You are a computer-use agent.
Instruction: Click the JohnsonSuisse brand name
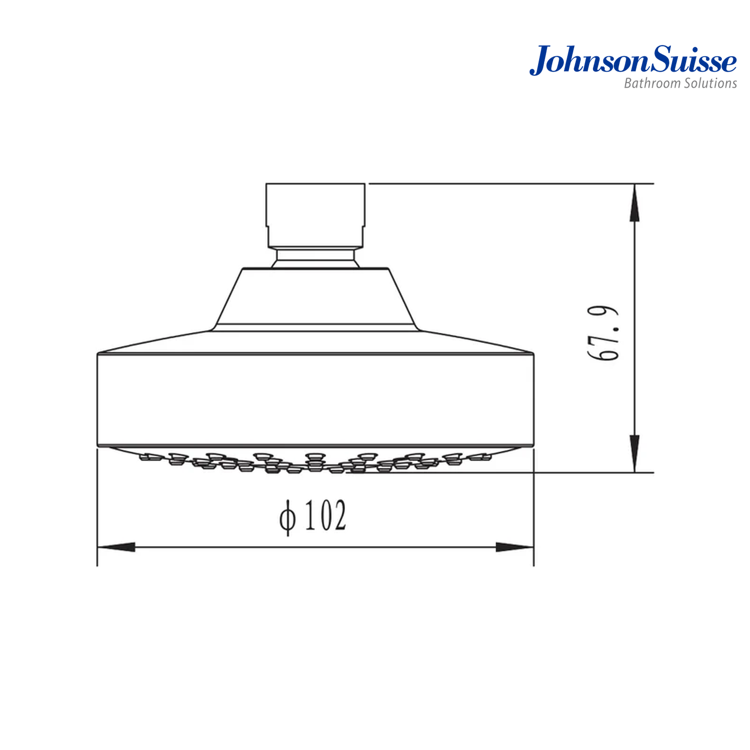pos(633,60)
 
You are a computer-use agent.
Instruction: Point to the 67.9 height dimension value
pos(603,333)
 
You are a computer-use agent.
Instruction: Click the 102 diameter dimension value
pos(326,515)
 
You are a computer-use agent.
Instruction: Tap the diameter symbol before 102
pos(288,517)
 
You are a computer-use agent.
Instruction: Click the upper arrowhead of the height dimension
pos(634,202)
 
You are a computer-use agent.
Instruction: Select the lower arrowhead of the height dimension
pos(634,453)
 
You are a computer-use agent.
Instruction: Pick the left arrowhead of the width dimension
pos(116,547)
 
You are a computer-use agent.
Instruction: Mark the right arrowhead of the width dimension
pos(515,547)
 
